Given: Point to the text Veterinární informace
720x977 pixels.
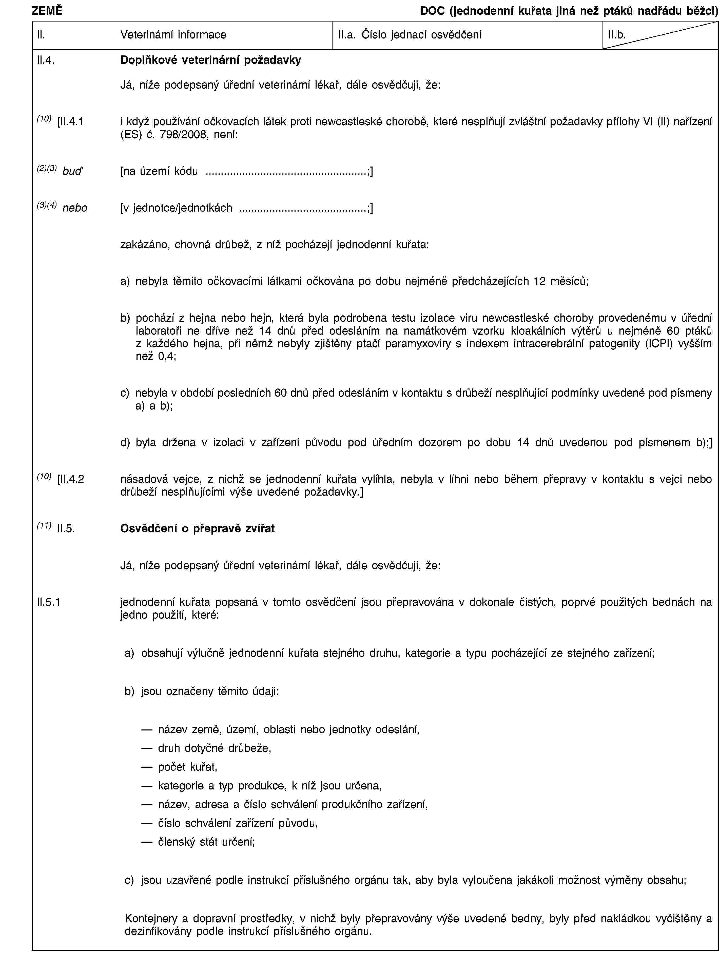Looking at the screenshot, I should click(x=173, y=35).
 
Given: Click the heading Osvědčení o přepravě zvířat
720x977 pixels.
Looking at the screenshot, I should click(x=198, y=528).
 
